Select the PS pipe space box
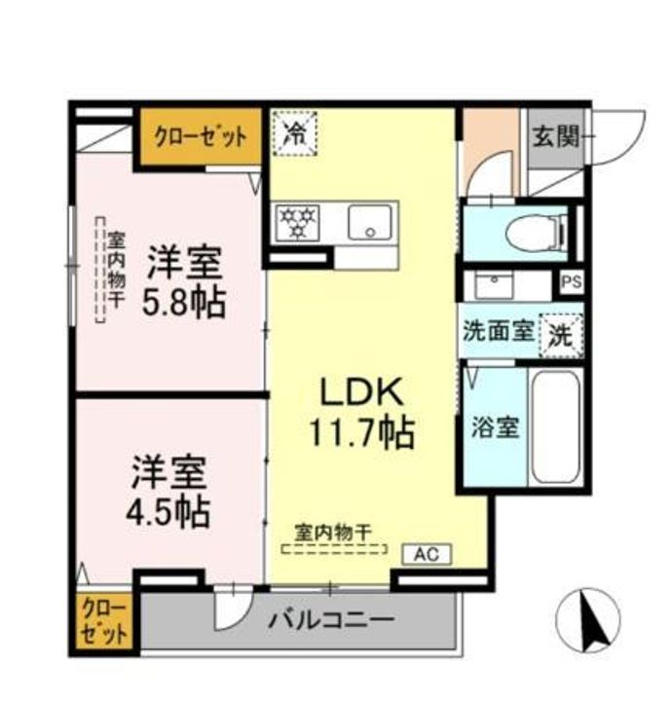pyautogui.click(x=570, y=282)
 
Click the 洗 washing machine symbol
pyautogui.click(x=561, y=334)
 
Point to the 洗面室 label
pyautogui.click(x=497, y=331)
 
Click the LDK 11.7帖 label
pyautogui.click(x=362, y=411)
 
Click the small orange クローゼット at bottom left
pyautogui.click(x=103, y=622)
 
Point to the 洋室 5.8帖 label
pyautogui.click(x=185, y=282)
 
